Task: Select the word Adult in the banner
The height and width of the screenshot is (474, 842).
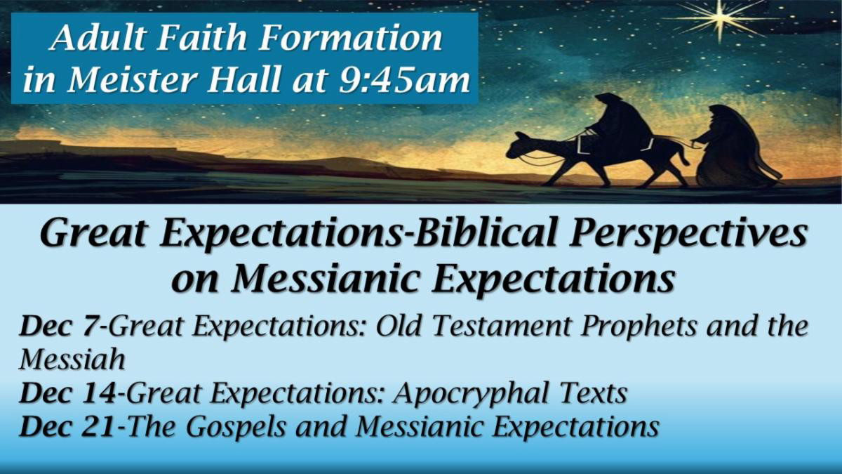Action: (x=91, y=39)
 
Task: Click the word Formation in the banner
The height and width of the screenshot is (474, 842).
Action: (x=365, y=39)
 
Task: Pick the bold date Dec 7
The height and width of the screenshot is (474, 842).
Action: (x=63, y=327)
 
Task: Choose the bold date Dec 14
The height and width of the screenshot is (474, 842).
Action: (x=67, y=394)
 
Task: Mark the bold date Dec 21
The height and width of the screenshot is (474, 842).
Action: (x=67, y=427)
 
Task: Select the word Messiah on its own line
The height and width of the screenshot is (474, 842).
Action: (x=72, y=360)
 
